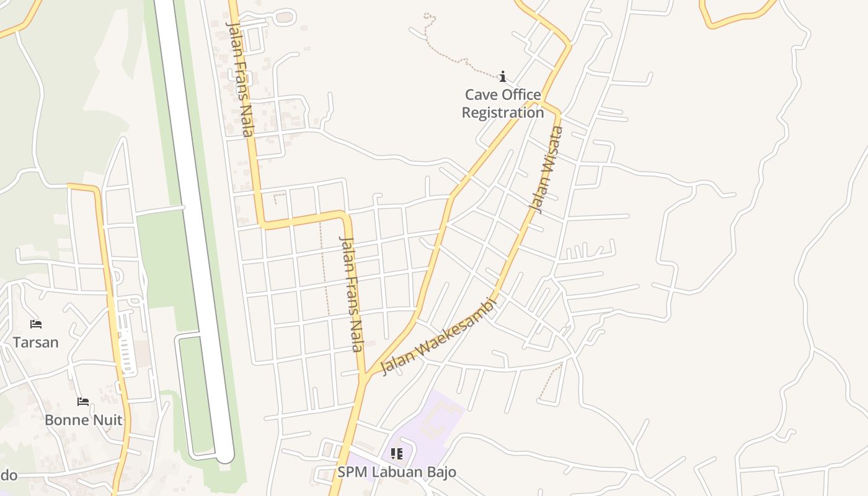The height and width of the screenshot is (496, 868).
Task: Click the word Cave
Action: tap(480, 95)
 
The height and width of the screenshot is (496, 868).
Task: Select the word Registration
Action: tap(503, 113)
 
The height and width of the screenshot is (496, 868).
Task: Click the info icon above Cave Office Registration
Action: tap(503, 77)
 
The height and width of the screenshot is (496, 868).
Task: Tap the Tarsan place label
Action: tap(36, 342)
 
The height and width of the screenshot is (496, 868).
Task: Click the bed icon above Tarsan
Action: tap(36, 324)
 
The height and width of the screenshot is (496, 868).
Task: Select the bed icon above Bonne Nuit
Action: tap(83, 402)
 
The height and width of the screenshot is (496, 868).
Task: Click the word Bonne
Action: tap(64, 420)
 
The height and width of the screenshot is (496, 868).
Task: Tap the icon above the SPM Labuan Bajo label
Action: tap(397, 454)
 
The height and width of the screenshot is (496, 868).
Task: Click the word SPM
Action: tap(351, 472)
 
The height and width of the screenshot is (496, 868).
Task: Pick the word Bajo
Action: tap(441, 472)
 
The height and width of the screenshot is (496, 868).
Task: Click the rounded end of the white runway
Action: tap(224, 457)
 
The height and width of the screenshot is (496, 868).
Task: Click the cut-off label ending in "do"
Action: tap(7, 476)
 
